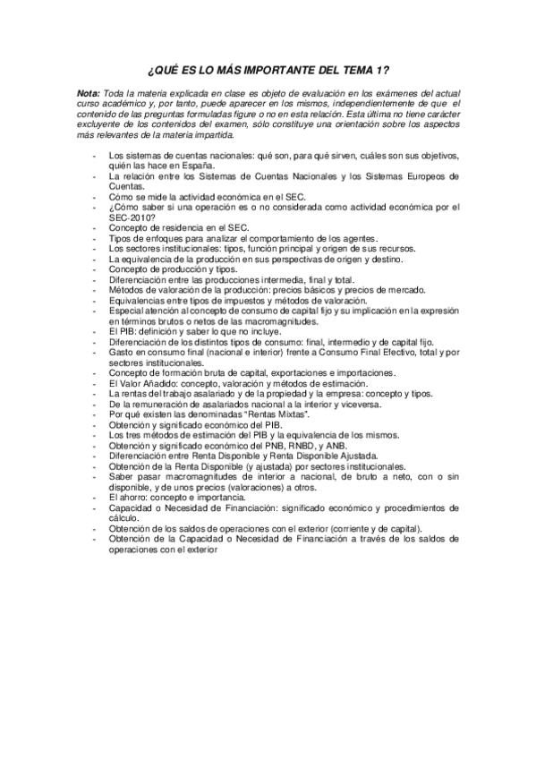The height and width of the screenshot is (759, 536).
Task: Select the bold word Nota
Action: [89, 93]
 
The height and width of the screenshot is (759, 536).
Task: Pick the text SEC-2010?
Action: [133, 217]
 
